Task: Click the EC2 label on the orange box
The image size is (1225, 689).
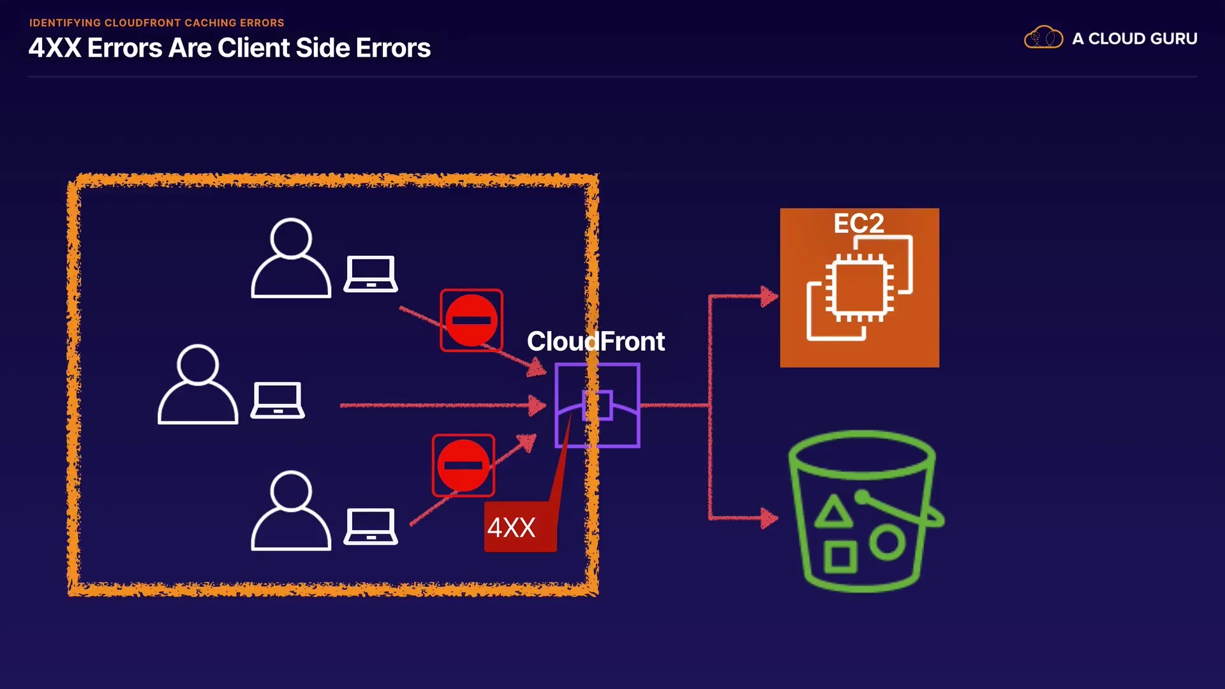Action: tap(859, 223)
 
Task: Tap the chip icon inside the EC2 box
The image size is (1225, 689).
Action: tap(859, 288)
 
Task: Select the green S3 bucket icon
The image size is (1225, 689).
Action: tap(864, 511)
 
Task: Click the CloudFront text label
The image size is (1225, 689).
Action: tap(595, 341)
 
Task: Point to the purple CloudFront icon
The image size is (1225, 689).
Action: tap(597, 405)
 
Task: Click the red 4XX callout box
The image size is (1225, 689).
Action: tap(520, 527)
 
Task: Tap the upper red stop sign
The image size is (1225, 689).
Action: tap(471, 320)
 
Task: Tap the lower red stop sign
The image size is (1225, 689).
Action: tap(463, 465)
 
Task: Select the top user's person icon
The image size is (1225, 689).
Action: tap(291, 258)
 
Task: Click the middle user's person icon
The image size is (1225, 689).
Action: tap(198, 385)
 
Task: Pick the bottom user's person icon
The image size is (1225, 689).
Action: tap(291, 511)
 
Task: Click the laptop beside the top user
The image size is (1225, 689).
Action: tap(371, 274)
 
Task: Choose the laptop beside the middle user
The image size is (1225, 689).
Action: tap(278, 400)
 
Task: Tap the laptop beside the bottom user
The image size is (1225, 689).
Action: tap(371, 527)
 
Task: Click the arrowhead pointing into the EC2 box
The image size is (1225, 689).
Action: tap(769, 296)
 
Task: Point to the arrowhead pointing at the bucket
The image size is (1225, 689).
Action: tap(769, 517)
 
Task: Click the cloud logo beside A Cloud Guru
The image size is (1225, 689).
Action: tap(1043, 38)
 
